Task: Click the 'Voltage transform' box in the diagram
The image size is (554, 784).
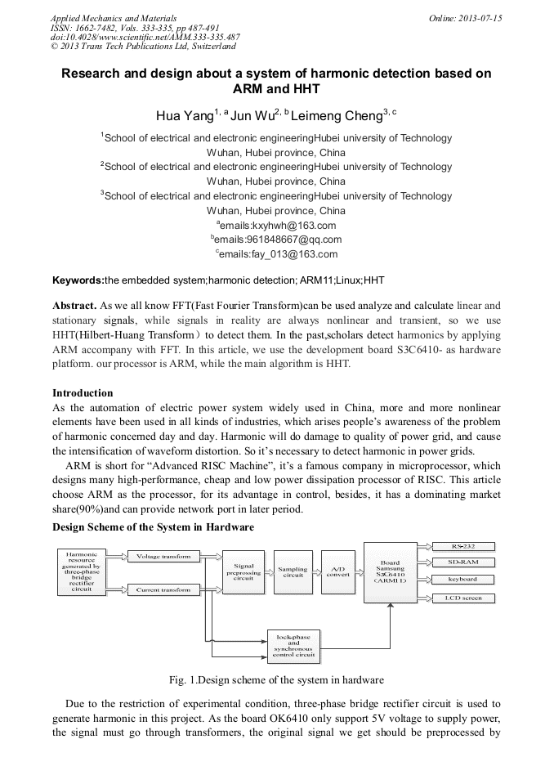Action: [x=163, y=557]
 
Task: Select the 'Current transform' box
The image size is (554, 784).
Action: [x=163, y=589]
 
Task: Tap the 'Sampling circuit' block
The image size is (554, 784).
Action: [x=293, y=573]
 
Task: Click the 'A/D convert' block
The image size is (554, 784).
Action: [x=337, y=573]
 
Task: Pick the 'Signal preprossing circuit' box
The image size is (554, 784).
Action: [x=243, y=573]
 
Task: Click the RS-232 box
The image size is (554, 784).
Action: [x=462, y=545]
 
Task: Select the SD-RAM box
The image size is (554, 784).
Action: [x=462, y=562]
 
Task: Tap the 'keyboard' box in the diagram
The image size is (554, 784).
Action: [x=462, y=580]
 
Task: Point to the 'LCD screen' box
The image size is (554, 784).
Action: [x=462, y=598]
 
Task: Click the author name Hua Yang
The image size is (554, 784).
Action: [x=184, y=115]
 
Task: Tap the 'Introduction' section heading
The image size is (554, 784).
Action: [x=83, y=393]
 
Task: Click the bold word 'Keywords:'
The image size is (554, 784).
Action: [x=78, y=280]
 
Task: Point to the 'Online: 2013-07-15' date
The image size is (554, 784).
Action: [x=465, y=18]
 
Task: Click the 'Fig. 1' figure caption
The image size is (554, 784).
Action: [x=276, y=680]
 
